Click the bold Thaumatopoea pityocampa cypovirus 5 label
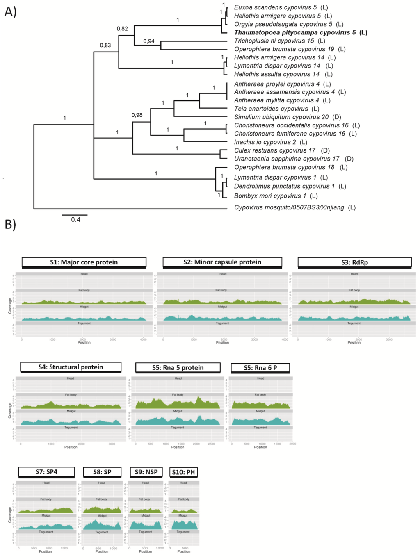pos(300,32)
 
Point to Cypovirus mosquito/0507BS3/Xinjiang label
pos(294,207)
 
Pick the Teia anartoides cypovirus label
pos(276,109)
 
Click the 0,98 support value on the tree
pos(137,115)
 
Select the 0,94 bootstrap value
pos(149,41)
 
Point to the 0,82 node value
pos(122,29)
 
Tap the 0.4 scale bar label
pos(75,220)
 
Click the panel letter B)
pos(10,224)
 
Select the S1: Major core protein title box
pos(84,262)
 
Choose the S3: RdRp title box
pos(354,262)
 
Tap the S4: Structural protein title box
pos(71,367)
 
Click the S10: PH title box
pos(183,472)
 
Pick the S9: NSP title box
pos(146,472)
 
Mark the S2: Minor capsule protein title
pos(222,262)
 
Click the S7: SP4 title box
pos(46,472)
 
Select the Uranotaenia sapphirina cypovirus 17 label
pos(293,159)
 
